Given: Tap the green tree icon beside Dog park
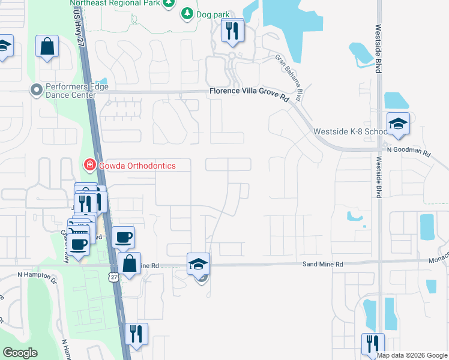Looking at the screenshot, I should [187, 13].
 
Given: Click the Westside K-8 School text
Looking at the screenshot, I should [350, 132].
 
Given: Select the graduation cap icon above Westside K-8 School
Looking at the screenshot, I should [397, 124].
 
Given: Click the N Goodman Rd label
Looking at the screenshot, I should [409, 152].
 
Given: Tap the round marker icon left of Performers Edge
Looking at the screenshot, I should [37, 91].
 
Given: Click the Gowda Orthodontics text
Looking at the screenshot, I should [136, 165].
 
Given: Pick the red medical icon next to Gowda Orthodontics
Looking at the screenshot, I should [89, 164].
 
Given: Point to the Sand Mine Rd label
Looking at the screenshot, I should [322, 264].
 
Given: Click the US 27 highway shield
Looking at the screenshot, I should [113, 276].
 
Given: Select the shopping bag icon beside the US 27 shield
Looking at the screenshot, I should [129, 262].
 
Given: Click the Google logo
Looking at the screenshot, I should [20, 353].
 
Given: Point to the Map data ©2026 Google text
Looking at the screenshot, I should [412, 355].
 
